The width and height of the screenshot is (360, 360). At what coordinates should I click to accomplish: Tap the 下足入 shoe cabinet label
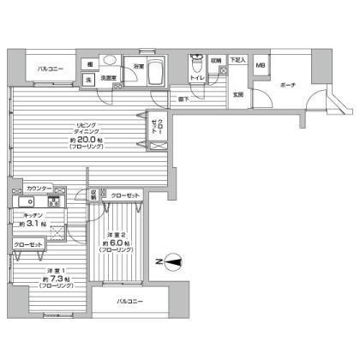pos(237,61)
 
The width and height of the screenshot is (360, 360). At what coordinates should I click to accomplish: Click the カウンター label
pos(39,189)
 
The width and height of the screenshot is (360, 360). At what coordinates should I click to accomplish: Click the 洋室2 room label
pos(117,235)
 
